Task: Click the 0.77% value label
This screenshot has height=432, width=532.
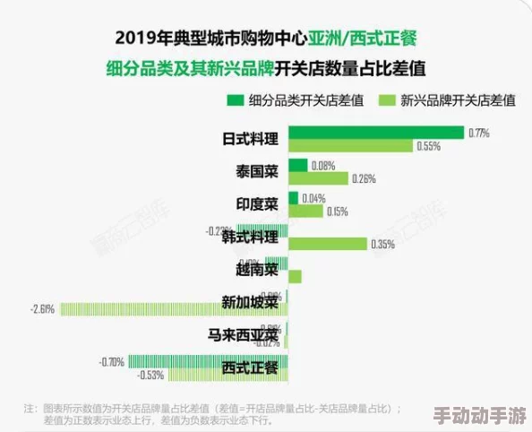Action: pos(478,133)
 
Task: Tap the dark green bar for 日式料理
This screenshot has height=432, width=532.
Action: pos(376,133)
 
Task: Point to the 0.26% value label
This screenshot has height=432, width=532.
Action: pos(364,178)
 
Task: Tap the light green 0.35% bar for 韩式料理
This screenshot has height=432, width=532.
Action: pos(328,244)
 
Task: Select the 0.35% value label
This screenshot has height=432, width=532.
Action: pos(382,244)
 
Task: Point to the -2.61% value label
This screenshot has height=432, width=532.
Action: pos(43,309)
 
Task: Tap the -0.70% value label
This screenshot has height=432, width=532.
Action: pos(111,361)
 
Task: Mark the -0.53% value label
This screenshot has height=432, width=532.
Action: pos(150,375)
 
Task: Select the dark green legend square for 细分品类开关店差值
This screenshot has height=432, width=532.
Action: pos(236,100)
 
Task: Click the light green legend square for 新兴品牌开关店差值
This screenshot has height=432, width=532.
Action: pos(388,100)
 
